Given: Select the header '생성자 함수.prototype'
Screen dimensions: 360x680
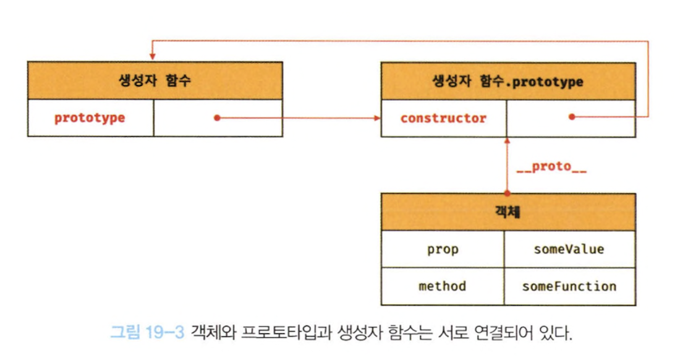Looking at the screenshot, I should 508,81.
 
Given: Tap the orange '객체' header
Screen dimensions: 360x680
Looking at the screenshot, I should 508,212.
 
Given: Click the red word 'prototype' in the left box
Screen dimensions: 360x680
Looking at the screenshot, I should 90,118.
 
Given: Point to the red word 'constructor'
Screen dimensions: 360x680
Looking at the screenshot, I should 443,118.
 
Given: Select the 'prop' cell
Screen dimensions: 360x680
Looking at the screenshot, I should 443,249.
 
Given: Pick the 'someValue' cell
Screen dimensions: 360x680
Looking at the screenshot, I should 569,249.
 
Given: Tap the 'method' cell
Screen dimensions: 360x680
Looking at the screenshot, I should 443,286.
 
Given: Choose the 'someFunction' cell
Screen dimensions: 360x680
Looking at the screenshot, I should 569,286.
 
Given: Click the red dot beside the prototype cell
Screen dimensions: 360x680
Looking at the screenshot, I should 217,117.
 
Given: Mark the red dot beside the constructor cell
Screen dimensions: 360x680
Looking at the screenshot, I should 572,116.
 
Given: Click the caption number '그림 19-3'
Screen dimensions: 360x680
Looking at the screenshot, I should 147,334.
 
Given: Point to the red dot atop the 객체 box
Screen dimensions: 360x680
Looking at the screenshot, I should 507,194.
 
